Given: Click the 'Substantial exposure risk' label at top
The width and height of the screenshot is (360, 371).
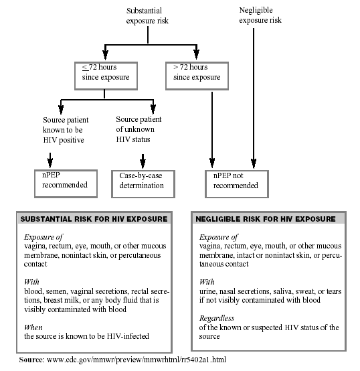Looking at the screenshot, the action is tap(147, 15).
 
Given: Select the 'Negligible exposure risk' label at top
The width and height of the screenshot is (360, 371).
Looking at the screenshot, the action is tap(260, 15).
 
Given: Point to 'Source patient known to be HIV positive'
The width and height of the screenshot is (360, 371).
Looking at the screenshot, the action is tap(66, 130).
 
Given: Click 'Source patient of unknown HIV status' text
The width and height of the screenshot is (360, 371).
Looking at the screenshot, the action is tap(139, 129).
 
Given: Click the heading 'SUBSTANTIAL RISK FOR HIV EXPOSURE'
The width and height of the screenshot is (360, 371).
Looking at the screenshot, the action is tap(94, 219).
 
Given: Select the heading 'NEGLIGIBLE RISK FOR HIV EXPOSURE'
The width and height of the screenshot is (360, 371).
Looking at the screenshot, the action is tap(266, 219).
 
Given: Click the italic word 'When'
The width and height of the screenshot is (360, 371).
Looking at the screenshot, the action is tap(33, 327).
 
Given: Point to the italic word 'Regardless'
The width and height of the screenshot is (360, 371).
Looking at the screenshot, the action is tap(217, 318).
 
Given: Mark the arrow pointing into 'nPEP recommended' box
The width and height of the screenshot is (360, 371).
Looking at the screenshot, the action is tap(50, 160).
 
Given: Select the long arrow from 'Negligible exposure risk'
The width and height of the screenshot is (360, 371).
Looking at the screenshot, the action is tap(254, 98).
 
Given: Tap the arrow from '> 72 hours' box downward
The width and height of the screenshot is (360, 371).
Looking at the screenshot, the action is tap(212, 130).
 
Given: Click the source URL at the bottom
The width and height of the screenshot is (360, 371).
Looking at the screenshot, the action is tap(137, 360).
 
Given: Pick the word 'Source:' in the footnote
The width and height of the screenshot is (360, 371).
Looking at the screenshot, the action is tap(31, 360).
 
